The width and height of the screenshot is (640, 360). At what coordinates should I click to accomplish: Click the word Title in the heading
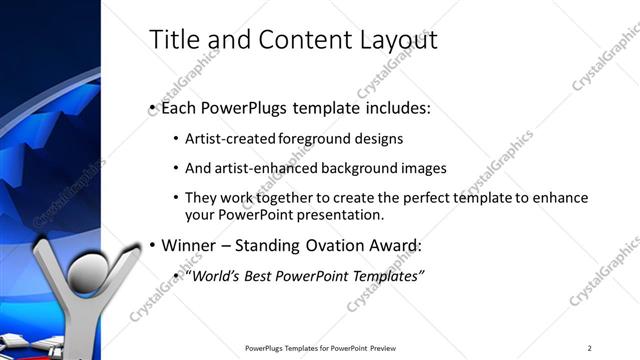173,40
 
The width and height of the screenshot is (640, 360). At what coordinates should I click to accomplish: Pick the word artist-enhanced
263,168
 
